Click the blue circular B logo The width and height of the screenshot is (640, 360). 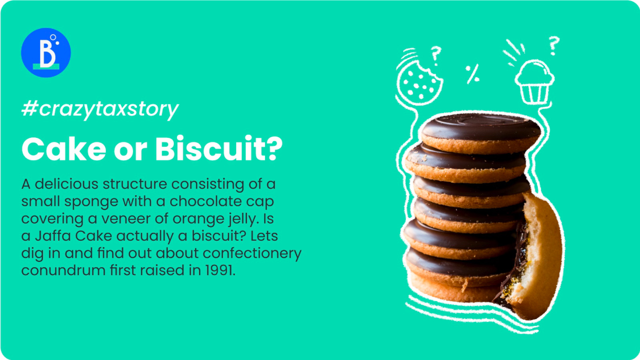click(46, 52)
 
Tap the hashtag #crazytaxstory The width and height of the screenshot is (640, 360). click(100, 110)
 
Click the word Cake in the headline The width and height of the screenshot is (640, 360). click(64, 149)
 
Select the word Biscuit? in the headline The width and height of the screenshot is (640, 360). click(219, 148)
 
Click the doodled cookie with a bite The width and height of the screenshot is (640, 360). click(420, 83)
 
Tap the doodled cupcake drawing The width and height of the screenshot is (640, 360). click(534, 82)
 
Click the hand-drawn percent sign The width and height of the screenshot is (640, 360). click(472, 74)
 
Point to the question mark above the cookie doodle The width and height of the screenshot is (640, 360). click(436, 56)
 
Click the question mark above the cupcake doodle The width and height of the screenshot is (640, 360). click(554, 46)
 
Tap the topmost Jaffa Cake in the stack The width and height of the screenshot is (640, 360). click(481, 133)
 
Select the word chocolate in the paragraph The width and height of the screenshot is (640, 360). click(202, 202)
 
